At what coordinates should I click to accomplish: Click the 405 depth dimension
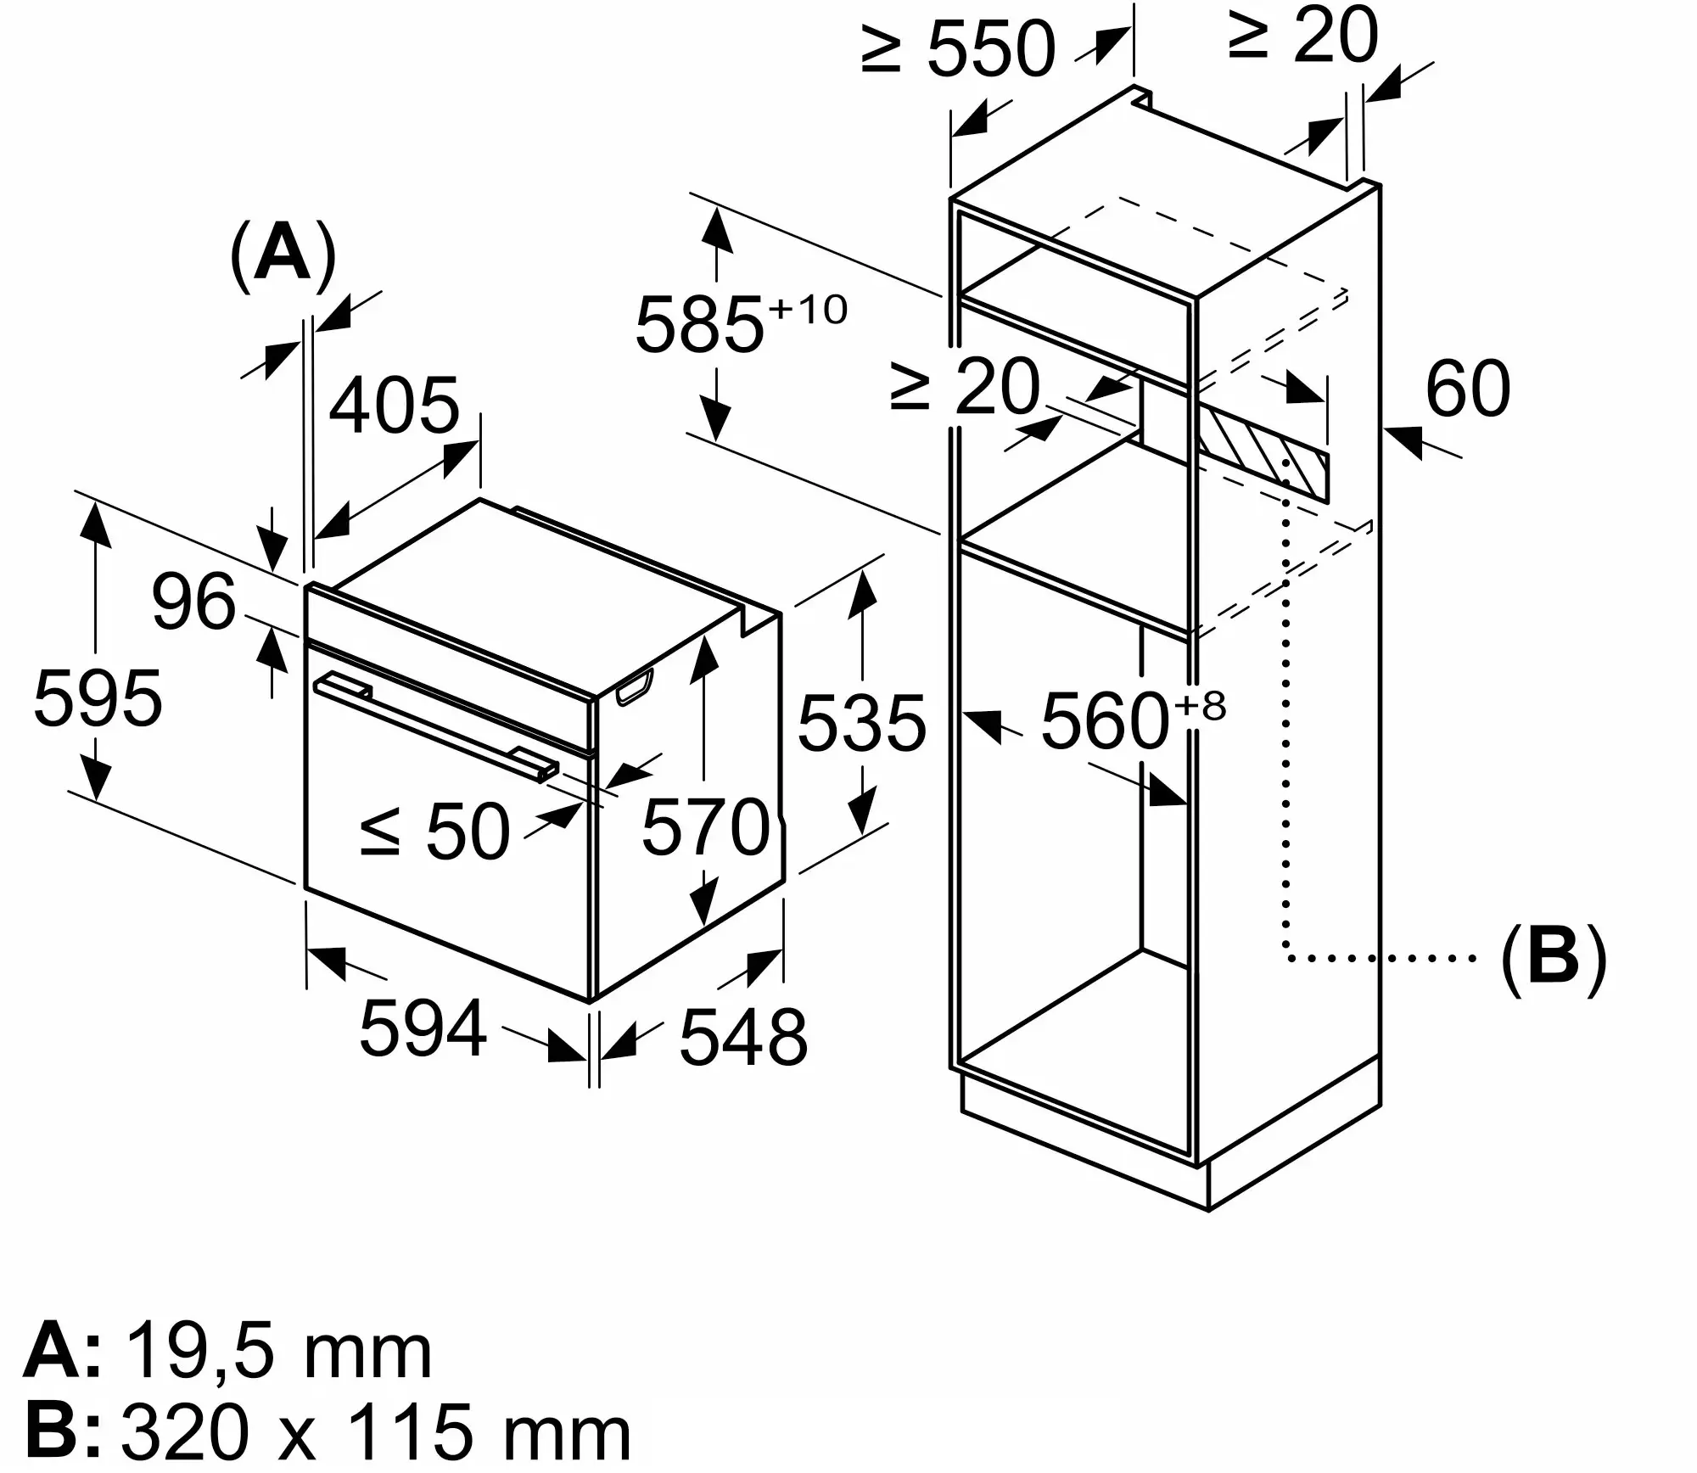394,406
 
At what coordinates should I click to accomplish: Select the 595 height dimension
98,697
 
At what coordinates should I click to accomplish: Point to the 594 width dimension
423,1028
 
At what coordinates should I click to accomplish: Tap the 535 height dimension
862,722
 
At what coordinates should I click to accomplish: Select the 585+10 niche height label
741,323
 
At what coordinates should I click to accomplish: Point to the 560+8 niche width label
1134,720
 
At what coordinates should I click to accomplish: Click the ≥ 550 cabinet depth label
959,48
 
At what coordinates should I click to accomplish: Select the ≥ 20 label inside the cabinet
965,387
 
